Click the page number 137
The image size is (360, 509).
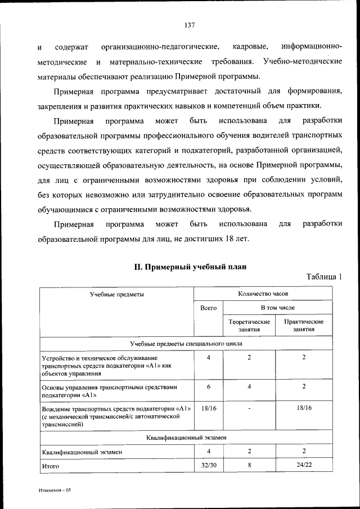[189, 24]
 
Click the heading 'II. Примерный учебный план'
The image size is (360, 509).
[190, 267]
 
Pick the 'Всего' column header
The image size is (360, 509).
[208, 308]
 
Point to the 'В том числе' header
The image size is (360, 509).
[277, 308]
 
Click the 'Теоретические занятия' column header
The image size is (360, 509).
[249, 325]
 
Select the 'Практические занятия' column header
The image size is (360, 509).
[303, 325]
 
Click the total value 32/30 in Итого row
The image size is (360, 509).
[208, 465]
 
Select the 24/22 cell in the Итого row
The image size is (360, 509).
[303, 465]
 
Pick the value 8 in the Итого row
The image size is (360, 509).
[249, 465]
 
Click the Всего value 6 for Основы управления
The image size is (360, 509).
[208, 387]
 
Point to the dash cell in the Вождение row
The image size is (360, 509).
[249, 407]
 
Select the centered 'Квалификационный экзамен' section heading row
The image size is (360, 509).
[186, 437]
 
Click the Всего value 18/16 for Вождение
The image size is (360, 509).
[208, 407]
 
